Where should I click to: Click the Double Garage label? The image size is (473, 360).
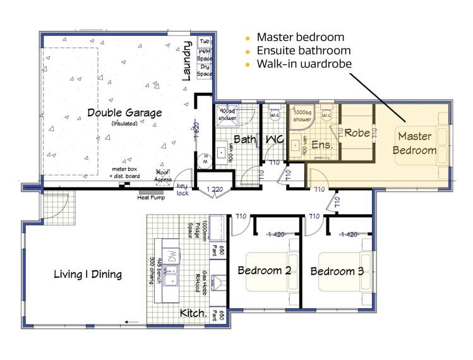click(x=124, y=112)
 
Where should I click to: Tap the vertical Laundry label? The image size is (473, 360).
click(x=187, y=61)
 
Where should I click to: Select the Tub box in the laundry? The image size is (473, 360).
click(x=205, y=41)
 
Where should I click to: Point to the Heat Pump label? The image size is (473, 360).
click(x=152, y=197)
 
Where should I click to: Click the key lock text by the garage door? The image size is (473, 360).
click(x=183, y=189)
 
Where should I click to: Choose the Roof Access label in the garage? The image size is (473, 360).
click(x=164, y=176)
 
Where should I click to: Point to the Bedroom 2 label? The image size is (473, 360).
click(x=264, y=270)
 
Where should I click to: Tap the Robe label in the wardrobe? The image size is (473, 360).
click(x=357, y=133)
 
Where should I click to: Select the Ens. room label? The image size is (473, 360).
click(x=322, y=145)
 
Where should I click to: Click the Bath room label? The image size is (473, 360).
click(x=244, y=138)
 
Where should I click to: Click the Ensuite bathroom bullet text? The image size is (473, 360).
click(x=303, y=51)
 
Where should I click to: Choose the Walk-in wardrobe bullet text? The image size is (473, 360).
click(x=304, y=64)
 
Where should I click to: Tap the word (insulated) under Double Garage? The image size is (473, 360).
click(x=124, y=123)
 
